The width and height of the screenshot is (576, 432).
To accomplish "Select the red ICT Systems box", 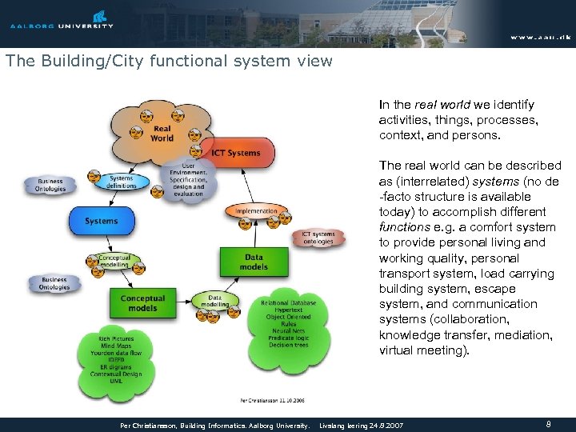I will pos(241,153).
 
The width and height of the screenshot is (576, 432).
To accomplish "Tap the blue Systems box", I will pos(101,221).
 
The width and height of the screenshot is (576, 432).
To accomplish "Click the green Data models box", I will pos(254,262).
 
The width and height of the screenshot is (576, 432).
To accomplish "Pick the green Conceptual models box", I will pos(142,303).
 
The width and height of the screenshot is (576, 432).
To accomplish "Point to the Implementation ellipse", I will pos(257,211).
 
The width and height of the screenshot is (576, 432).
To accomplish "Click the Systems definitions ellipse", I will pos(122,182).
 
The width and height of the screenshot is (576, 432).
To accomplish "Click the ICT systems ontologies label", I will pos(318,238).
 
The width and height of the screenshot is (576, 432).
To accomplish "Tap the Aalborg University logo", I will pos(62,19).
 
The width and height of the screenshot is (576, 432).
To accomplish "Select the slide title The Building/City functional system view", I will pos(168,61).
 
